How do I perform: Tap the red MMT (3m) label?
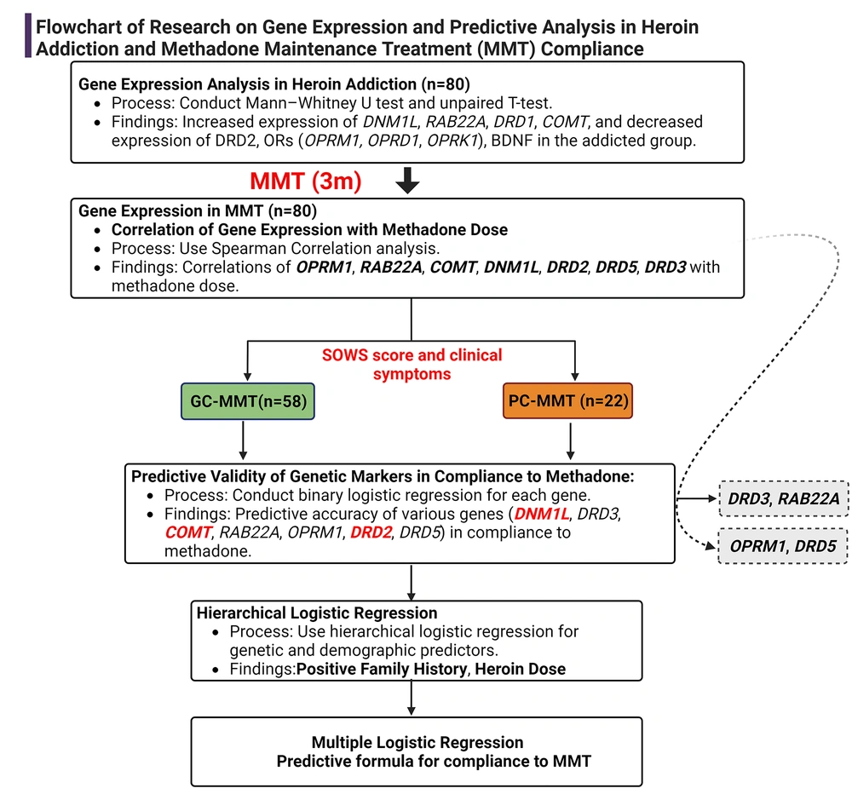(306, 181)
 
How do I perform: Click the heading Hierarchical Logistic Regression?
(317, 613)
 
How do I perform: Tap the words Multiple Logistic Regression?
(417, 741)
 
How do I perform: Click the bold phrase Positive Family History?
(382, 669)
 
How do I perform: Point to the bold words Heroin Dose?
(521, 669)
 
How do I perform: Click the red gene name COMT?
(187, 532)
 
